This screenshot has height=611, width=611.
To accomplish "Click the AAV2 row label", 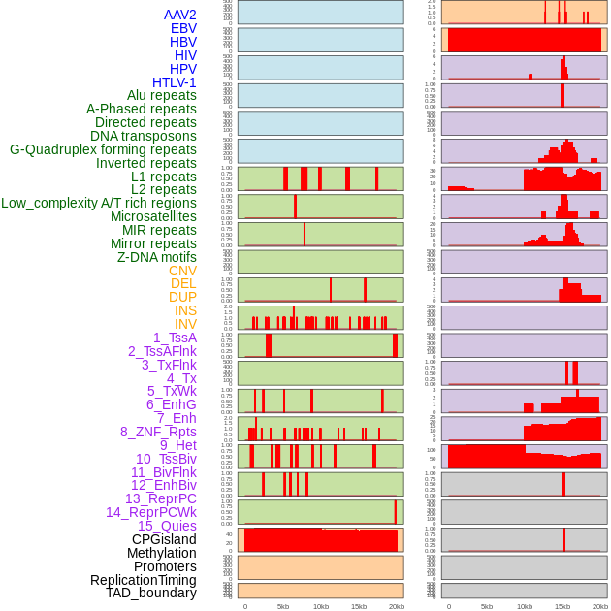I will coord(180,15).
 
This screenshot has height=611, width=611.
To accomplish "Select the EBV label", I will coord(183,28).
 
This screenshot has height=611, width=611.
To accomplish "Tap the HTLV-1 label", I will coord(175,82).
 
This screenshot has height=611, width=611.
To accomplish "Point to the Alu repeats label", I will coord(162,95).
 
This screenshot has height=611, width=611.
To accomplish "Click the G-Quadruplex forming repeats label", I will coord(103,149).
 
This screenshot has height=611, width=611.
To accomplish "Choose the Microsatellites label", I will coord(153,216).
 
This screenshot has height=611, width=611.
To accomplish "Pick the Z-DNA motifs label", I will coord(157,257).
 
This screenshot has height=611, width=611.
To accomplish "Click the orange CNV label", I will coord(182,271).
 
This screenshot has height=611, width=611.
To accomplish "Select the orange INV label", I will coord(185,324).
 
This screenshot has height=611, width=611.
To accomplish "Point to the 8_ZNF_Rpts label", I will coord(158,432).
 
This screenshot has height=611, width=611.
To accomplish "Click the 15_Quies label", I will coord(167,526).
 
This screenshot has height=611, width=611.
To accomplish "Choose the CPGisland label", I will coord(164,539).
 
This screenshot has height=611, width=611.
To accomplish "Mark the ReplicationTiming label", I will coord(144,580).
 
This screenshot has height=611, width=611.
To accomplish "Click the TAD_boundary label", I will coord(151,593).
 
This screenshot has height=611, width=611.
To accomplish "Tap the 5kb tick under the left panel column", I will coord(283,606).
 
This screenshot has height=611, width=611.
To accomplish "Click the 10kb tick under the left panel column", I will coord(321,606).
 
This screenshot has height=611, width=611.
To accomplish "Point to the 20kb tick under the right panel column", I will coord(600,606).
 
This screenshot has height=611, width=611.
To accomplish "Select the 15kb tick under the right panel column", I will coord(563,606).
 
